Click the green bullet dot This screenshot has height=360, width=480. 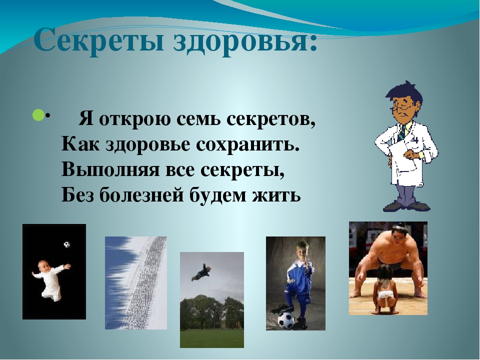click(x=38, y=115)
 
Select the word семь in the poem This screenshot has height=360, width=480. click(x=198, y=119)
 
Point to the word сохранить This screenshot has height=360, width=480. click(x=247, y=144)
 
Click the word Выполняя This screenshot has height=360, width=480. click(x=110, y=170)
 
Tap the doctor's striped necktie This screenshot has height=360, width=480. click(x=402, y=131)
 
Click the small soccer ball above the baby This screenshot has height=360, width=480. click(x=66, y=244)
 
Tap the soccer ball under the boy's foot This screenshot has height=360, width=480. click(x=286, y=320)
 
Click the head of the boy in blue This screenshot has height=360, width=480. click(x=300, y=250)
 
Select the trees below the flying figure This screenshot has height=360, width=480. click(x=212, y=312)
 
